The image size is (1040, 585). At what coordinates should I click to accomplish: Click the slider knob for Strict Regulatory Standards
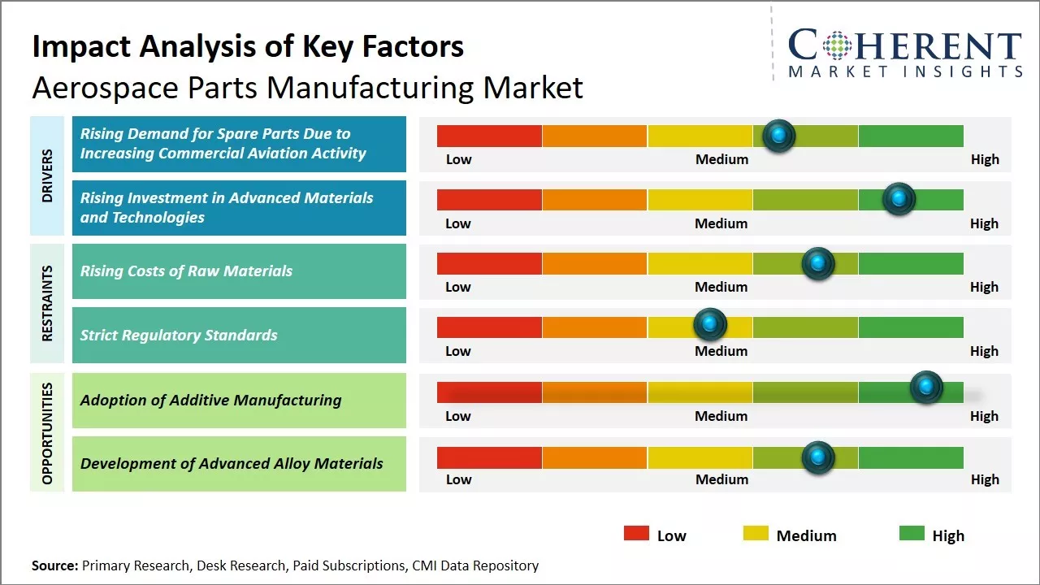[x=710, y=325]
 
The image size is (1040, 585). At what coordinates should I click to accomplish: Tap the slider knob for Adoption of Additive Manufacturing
[x=925, y=388]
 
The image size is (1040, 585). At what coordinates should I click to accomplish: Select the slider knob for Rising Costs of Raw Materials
[x=817, y=263]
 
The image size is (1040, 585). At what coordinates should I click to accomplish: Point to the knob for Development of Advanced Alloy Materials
[x=817, y=457]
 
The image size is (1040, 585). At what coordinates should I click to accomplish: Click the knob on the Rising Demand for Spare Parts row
[x=779, y=136]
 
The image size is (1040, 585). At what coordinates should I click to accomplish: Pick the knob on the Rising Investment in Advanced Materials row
[x=899, y=198]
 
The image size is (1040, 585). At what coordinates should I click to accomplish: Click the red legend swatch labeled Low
[x=636, y=534]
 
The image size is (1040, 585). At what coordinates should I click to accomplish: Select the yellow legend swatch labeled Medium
[x=756, y=534]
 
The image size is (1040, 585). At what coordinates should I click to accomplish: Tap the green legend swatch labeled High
[x=912, y=534]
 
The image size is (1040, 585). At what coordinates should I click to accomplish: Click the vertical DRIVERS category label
[x=47, y=175]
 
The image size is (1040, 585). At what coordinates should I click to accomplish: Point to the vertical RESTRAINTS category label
[x=47, y=303]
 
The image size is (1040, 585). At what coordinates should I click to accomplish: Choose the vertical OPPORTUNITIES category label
[x=47, y=432]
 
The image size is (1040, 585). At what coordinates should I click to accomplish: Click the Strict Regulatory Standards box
[x=239, y=335]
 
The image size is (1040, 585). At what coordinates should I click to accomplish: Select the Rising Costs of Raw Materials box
[x=239, y=271]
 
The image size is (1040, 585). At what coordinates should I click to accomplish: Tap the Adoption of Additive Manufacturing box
[x=239, y=400]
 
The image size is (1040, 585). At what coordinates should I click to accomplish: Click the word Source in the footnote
[x=54, y=565]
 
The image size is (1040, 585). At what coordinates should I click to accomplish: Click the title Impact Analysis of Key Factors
[x=248, y=47]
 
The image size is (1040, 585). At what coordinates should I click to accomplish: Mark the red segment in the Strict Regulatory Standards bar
[x=489, y=327]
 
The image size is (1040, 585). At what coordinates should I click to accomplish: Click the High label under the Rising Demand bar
[x=985, y=159]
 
